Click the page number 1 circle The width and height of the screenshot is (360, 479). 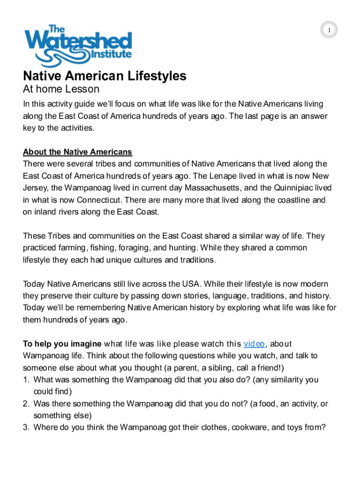pos(329,31)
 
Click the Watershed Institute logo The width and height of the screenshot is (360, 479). pos(79,46)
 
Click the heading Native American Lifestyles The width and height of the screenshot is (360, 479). pos(105,76)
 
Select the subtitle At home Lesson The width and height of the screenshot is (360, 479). pos(61,89)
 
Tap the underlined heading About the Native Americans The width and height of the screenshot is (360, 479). pos(78,152)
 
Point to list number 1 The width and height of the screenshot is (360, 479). pos(26,379)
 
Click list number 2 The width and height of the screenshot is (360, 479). pos(26,403)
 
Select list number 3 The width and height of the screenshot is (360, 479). pos(26,427)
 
